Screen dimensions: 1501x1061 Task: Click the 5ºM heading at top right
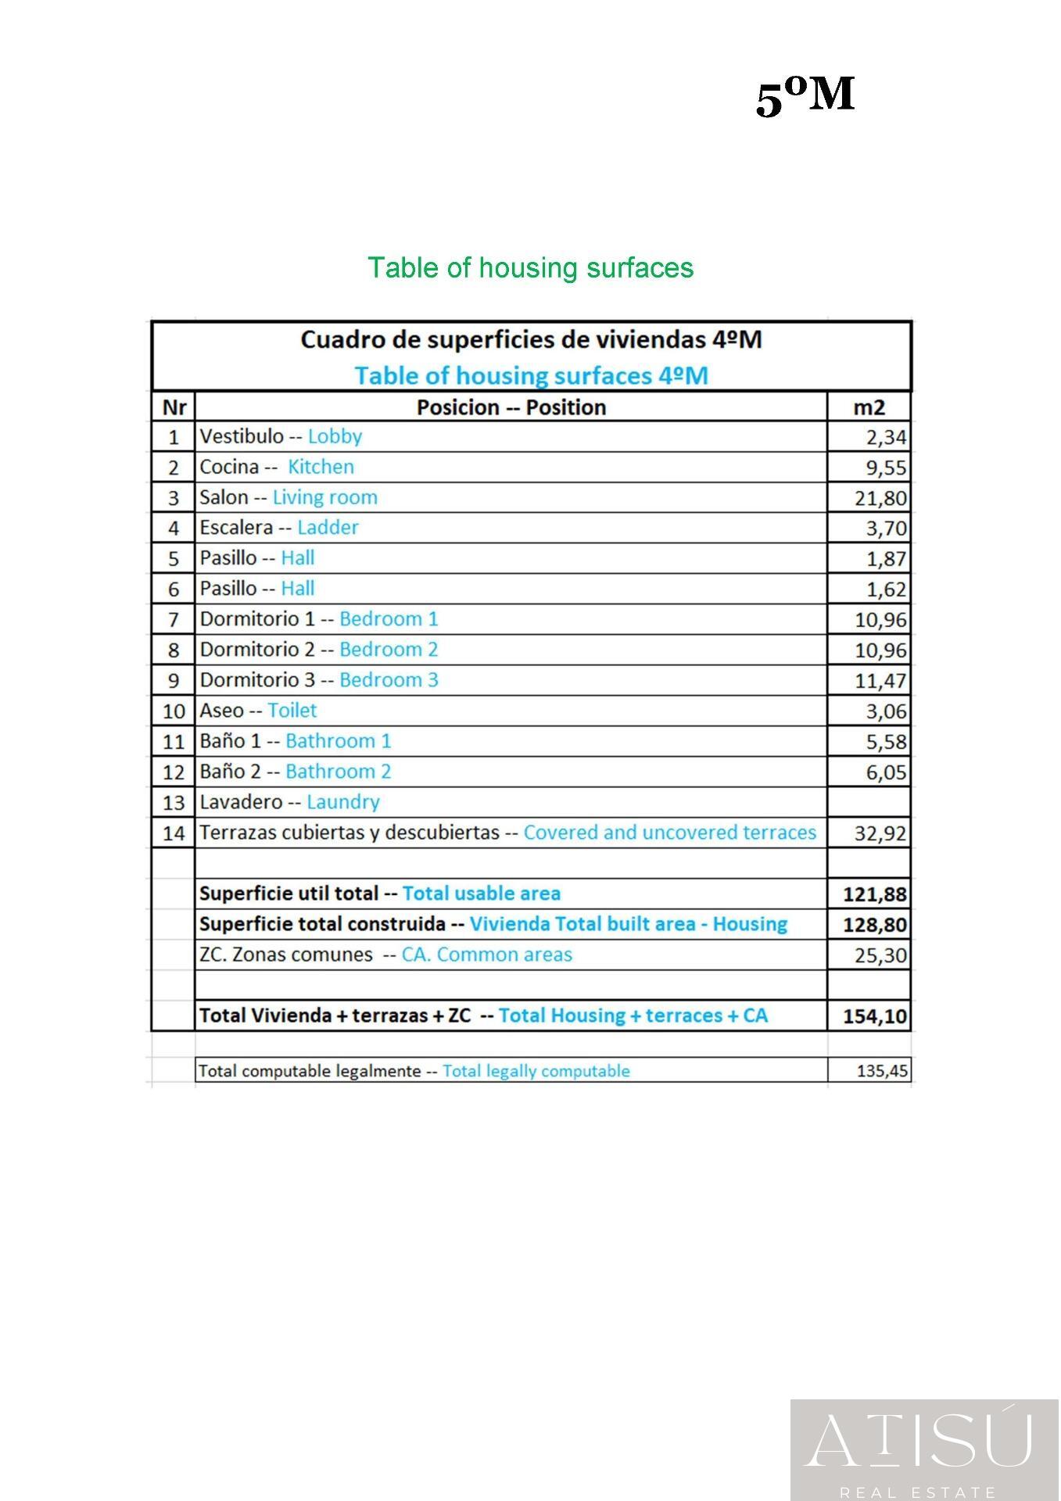tap(805, 97)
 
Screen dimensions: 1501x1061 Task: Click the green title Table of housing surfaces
tap(530, 267)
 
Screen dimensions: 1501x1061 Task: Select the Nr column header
tap(174, 407)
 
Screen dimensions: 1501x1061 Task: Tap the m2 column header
tap(869, 407)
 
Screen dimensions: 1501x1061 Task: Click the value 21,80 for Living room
tap(880, 498)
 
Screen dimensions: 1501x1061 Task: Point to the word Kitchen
tap(321, 467)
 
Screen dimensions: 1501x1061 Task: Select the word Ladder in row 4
tap(328, 528)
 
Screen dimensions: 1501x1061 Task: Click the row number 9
tap(174, 680)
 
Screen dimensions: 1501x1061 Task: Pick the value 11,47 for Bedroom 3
tap(880, 681)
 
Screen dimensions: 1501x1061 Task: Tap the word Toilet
tap(292, 711)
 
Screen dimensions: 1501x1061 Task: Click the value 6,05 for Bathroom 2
tap(886, 772)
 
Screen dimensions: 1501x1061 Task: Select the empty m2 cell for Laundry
tap(869, 802)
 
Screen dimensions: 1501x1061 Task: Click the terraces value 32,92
tap(880, 833)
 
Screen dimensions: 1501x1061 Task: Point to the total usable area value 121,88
tap(875, 894)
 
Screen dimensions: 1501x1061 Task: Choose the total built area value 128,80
tap(875, 925)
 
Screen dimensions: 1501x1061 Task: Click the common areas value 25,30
tap(880, 955)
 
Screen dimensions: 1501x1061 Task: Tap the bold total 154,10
tap(875, 1016)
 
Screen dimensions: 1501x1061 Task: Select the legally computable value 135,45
tap(882, 1071)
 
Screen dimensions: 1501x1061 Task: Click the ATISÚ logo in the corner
tap(925, 1449)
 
